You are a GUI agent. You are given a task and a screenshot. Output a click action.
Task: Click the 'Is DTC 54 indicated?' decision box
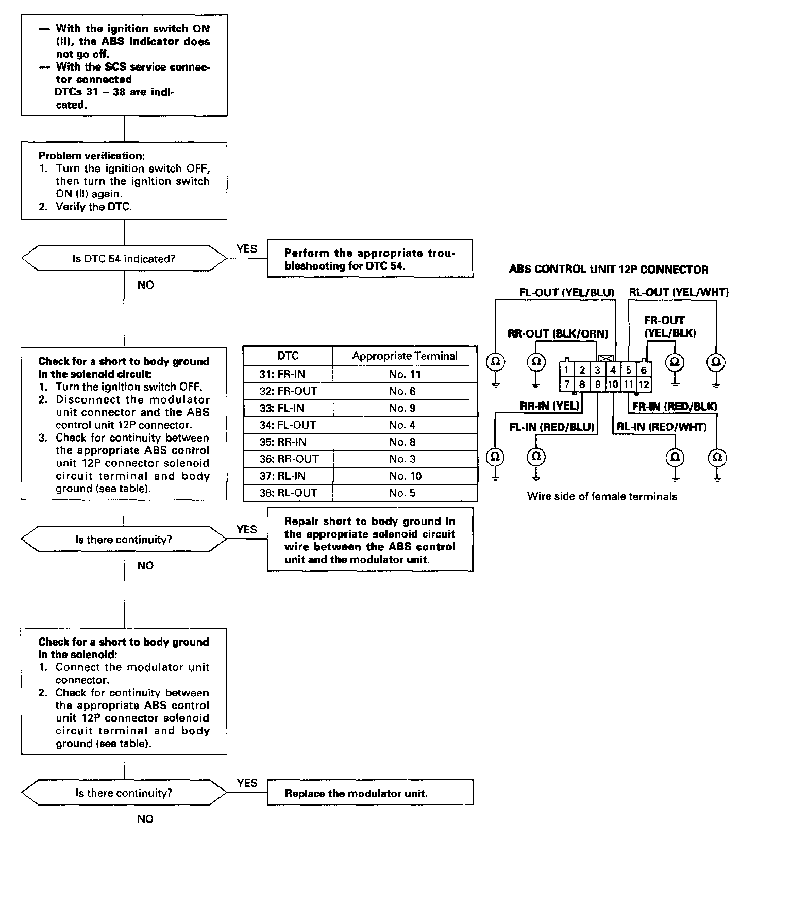pyautogui.click(x=124, y=259)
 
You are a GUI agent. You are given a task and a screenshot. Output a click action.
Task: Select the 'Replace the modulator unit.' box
pyautogui.click(x=370, y=793)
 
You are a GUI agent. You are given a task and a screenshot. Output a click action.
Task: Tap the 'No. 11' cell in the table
pyautogui.click(x=405, y=374)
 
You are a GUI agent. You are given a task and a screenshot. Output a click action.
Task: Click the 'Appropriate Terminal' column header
pyautogui.click(x=405, y=356)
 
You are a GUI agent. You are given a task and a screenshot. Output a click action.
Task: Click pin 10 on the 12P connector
pyautogui.click(x=613, y=384)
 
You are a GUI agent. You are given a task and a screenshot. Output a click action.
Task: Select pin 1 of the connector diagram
pyautogui.click(x=566, y=370)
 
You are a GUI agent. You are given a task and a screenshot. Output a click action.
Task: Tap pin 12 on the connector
pyautogui.click(x=644, y=384)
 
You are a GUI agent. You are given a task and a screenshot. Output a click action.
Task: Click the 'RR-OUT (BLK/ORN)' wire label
pyautogui.click(x=558, y=334)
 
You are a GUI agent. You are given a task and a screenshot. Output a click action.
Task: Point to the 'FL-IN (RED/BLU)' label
pyautogui.click(x=552, y=427)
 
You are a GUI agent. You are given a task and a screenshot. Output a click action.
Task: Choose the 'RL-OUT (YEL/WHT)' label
pyautogui.click(x=679, y=293)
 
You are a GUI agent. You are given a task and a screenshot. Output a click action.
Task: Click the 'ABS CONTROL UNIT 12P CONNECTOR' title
pyautogui.click(x=608, y=270)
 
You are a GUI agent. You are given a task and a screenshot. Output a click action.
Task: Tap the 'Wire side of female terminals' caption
pyautogui.click(x=602, y=497)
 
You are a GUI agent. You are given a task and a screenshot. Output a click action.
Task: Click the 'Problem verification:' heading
pyautogui.click(x=91, y=156)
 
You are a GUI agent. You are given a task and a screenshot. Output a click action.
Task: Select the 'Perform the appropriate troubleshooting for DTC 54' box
pyautogui.click(x=370, y=259)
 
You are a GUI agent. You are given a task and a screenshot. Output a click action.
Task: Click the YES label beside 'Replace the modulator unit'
pyautogui.click(x=247, y=783)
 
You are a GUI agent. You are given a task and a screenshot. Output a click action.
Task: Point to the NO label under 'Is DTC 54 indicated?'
pyautogui.click(x=145, y=285)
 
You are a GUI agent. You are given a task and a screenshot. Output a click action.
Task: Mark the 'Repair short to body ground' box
pyautogui.click(x=370, y=540)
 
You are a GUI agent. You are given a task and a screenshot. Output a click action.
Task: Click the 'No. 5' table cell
pyautogui.click(x=405, y=493)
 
